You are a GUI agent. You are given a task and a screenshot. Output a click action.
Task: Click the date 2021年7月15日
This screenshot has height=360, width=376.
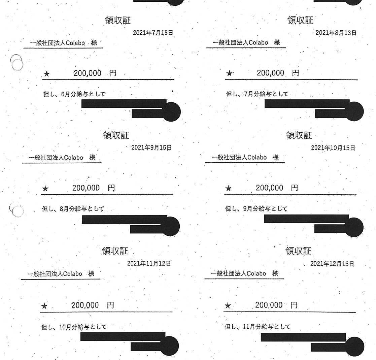coord(156,33)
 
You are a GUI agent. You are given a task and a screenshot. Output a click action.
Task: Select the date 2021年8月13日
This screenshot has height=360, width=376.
coord(336,32)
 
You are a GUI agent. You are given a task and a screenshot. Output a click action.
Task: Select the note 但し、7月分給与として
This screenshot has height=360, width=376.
coord(257,93)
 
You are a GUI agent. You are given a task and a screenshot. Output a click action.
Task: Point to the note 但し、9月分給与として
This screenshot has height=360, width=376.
coord(256,209)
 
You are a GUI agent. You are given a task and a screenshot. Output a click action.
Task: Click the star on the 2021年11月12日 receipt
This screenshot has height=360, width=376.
coord(44,307)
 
